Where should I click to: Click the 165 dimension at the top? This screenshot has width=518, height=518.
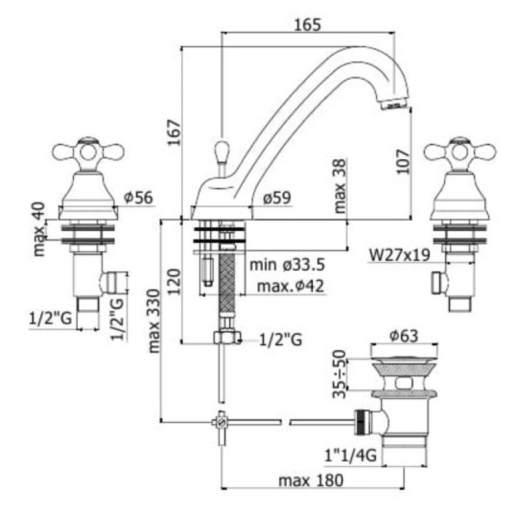[x=308, y=25]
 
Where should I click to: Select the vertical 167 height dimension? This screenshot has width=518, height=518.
[x=174, y=133]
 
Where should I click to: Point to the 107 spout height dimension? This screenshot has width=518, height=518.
[x=403, y=162]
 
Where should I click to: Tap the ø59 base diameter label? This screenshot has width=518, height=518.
[x=277, y=198]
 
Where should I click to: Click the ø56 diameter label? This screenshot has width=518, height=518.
[x=139, y=197]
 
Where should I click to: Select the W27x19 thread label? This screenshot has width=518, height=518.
[x=400, y=255]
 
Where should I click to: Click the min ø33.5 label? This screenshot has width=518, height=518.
[x=287, y=265]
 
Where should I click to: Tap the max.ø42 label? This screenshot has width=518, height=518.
[x=290, y=286]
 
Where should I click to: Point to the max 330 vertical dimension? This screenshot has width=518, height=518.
[x=154, y=321]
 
